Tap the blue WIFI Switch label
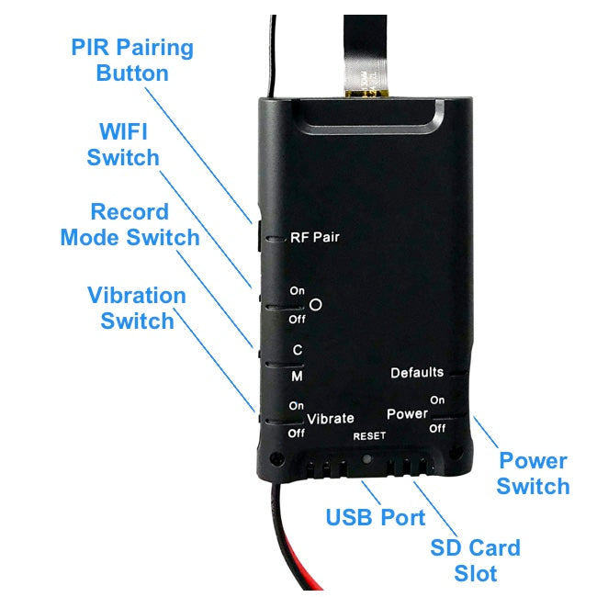(x=123, y=145)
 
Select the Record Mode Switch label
(x=130, y=225)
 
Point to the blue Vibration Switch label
(x=137, y=309)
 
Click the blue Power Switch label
(x=533, y=473)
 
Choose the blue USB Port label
(x=376, y=518)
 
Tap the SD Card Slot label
(x=475, y=561)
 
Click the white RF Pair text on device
(x=315, y=237)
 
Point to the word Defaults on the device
(x=417, y=372)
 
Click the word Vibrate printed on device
(x=331, y=419)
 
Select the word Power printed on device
(x=407, y=414)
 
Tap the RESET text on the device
(x=370, y=436)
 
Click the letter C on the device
(x=297, y=350)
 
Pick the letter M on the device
(x=297, y=377)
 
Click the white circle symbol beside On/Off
(x=317, y=305)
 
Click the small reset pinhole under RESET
(x=367, y=456)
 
